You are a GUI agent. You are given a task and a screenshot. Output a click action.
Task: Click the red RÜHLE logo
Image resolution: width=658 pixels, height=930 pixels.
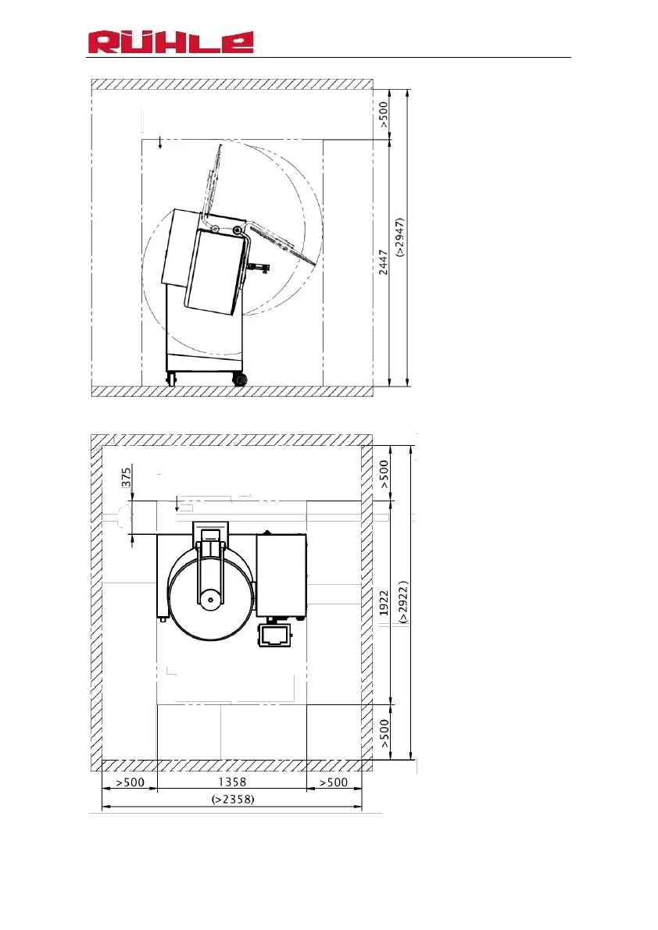(171, 42)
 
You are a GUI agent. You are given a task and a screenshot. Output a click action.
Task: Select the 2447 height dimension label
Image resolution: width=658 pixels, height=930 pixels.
(383, 262)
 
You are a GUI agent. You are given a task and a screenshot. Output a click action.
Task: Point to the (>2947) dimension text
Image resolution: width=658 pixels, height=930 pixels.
(400, 237)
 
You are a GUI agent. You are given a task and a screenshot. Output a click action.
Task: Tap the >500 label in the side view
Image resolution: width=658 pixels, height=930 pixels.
(384, 115)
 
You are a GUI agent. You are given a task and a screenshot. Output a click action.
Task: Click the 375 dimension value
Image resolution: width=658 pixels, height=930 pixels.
(126, 477)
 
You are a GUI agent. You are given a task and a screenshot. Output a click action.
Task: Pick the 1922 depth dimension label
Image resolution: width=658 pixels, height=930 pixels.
(384, 603)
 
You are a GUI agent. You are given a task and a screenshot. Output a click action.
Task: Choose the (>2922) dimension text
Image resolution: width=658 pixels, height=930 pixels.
(403, 601)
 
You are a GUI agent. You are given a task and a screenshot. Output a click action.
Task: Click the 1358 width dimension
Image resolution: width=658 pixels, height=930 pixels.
(232, 782)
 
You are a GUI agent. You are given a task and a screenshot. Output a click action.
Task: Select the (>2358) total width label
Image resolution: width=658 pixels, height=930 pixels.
(233, 799)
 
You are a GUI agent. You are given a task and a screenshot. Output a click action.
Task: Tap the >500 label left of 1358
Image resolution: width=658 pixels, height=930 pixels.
(130, 782)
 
